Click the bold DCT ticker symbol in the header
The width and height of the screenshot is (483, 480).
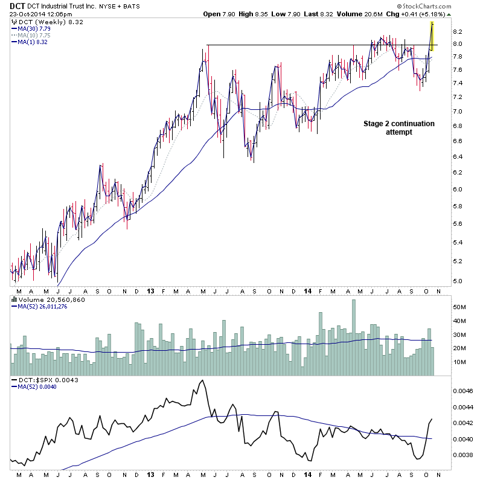click(x=18, y=5)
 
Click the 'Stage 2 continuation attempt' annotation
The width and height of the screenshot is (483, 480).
click(x=398, y=127)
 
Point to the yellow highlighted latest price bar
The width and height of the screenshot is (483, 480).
click(x=432, y=36)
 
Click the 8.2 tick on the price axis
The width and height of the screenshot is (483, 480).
click(x=458, y=31)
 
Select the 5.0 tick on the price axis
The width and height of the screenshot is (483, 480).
click(x=458, y=281)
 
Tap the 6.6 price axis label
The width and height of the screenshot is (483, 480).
click(x=458, y=141)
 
